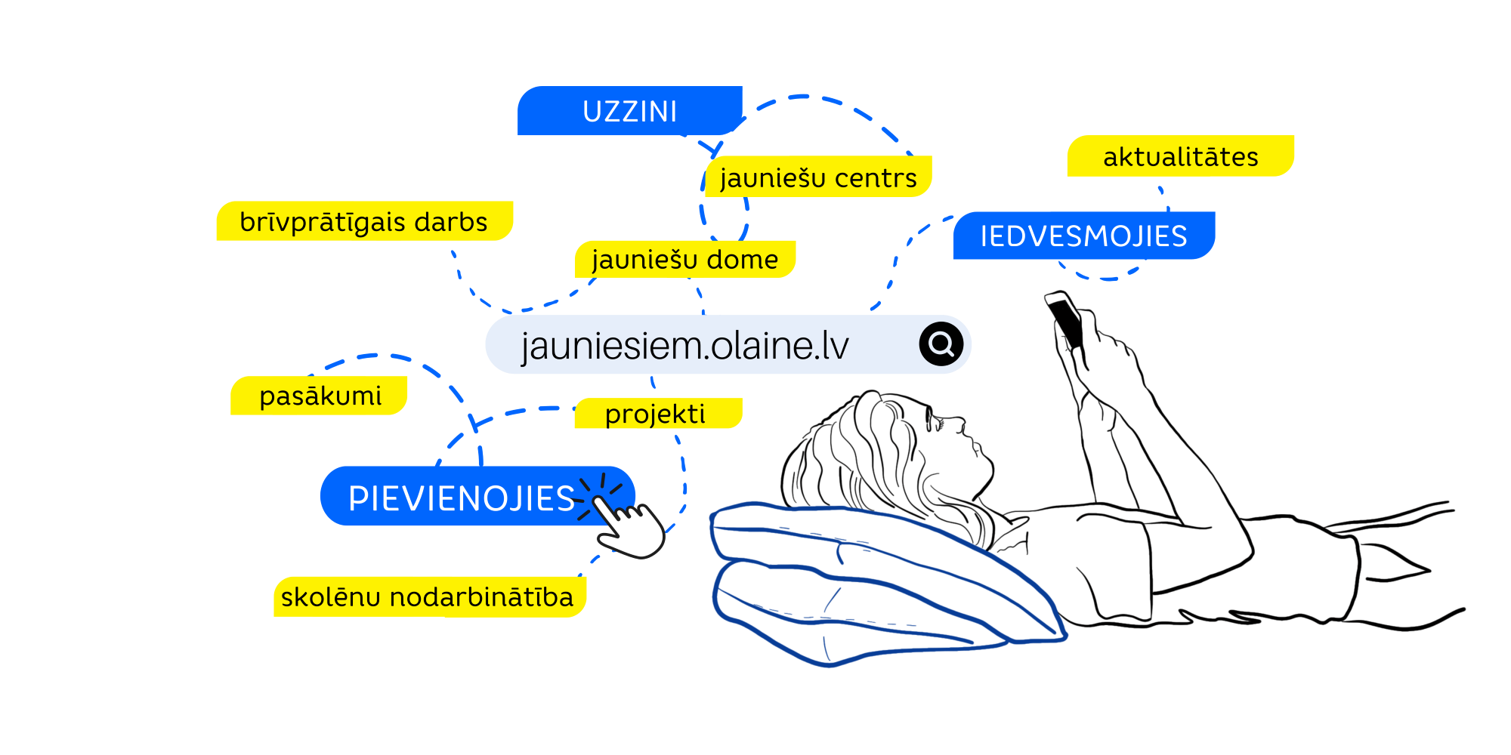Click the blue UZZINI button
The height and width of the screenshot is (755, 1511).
click(x=629, y=112)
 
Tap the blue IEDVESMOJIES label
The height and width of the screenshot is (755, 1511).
click(x=1083, y=236)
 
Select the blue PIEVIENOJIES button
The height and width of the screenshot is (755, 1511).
click(x=461, y=498)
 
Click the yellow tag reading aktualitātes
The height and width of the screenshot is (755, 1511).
click(x=1180, y=157)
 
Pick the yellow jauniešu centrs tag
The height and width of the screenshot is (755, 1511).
click(x=818, y=178)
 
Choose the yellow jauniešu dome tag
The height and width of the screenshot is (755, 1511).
click(x=684, y=260)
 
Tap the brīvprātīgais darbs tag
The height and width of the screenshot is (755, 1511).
click(x=363, y=222)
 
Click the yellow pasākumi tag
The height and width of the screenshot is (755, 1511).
click(x=320, y=396)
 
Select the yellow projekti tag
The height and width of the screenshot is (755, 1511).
click(x=656, y=414)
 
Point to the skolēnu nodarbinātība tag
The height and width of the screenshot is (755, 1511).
click(x=428, y=597)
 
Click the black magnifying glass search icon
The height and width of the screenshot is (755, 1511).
click(x=941, y=344)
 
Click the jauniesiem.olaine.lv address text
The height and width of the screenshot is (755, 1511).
click(x=684, y=346)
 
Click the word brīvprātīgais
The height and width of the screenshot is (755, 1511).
click(x=323, y=222)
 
